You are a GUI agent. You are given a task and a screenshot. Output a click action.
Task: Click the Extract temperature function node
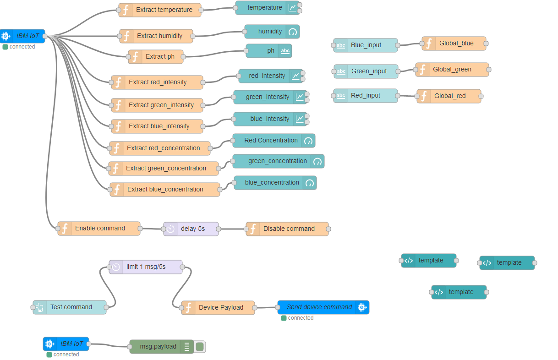click(x=160, y=10)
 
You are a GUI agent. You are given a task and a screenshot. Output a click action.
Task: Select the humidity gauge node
click(x=272, y=32)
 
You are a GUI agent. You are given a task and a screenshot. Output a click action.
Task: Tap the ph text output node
click(x=269, y=51)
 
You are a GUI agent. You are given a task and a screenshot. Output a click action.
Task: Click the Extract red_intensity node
click(x=157, y=82)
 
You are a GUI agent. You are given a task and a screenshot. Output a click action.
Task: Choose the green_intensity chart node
click(x=270, y=97)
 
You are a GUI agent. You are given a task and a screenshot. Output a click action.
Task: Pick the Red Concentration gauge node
click(x=274, y=141)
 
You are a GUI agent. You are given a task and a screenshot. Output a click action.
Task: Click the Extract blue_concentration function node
click(x=165, y=190)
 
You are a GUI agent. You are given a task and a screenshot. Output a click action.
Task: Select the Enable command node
click(x=99, y=229)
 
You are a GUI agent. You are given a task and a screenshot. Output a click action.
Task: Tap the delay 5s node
click(x=191, y=229)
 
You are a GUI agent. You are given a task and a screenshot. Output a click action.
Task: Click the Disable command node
click(x=287, y=229)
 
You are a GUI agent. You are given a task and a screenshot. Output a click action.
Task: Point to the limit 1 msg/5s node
click(x=146, y=267)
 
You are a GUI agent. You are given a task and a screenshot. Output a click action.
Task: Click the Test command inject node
click(x=70, y=307)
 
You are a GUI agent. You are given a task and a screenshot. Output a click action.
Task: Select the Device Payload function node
click(x=218, y=308)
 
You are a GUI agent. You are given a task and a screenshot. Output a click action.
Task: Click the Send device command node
click(x=323, y=307)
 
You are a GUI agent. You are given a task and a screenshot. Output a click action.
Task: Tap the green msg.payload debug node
click(x=162, y=347)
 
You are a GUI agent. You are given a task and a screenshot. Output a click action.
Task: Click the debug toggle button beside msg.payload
click(x=200, y=347)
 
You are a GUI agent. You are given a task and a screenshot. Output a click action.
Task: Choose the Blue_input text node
click(x=366, y=45)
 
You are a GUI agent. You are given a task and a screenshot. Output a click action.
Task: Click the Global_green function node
click(x=452, y=70)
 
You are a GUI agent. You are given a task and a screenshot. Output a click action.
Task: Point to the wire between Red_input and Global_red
click(x=407, y=96)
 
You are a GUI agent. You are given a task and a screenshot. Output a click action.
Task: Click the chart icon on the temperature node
click(x=292, y=8)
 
